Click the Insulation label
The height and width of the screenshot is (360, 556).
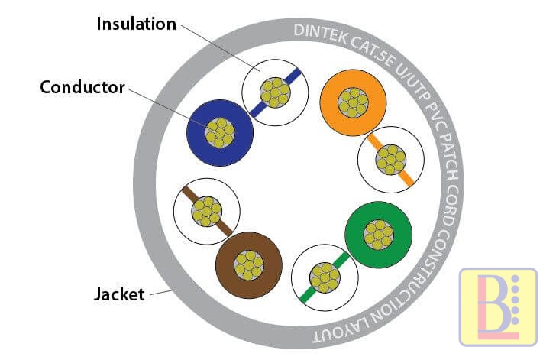click(136, 24)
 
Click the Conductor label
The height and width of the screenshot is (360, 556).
click(82, 87)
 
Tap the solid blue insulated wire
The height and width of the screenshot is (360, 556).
click(220, 133)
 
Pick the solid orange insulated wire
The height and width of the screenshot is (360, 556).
click(353, 102)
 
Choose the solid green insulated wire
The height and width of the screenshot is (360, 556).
click(379, 232)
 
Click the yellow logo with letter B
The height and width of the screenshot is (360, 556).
click(497, 306)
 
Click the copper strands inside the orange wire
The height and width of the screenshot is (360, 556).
click(353, 102)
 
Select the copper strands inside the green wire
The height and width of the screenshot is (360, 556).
click(379, 232)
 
